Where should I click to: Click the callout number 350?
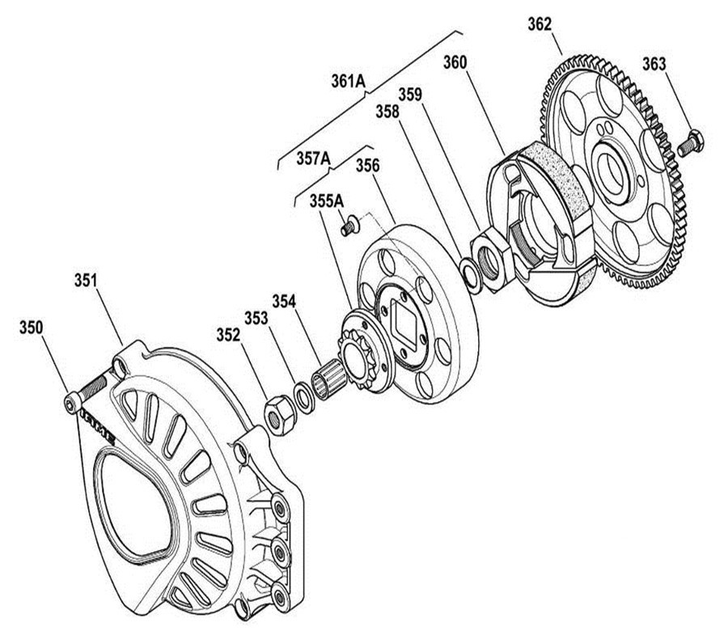click(31, 328)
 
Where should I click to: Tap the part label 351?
click(86, 281)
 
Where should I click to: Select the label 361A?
click(348, 81)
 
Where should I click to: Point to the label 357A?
click(313, 159)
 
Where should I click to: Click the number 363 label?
click(654, 64)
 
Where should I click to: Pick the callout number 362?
click(540, 24)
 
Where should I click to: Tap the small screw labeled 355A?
click(349, 224)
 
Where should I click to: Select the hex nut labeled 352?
click(280, 415)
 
